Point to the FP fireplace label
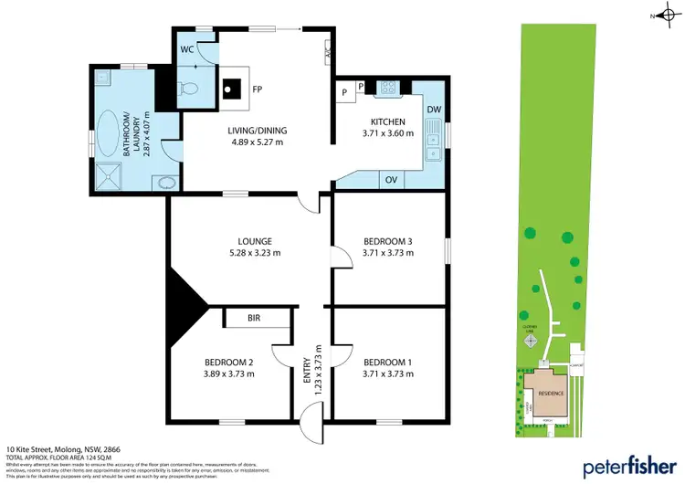(x=258, y=91)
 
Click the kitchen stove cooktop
(x=388, y=89)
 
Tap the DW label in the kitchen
(x=434, y=110)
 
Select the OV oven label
(x=390, y=180)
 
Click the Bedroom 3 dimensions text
(x=387, y=253)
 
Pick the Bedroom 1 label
(x=387, y=363)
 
